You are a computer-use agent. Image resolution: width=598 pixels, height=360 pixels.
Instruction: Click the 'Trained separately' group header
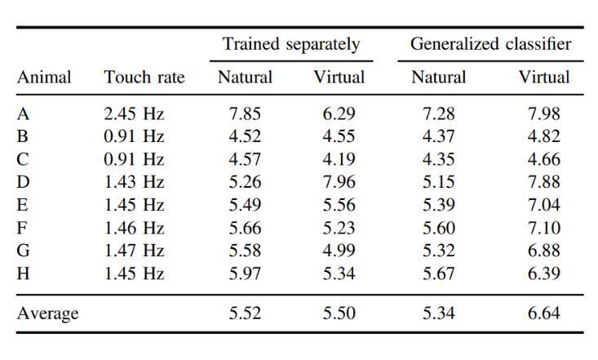click(x=291, y=44)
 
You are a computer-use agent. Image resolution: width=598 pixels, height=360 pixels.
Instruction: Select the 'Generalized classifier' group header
click(x=490, y=44)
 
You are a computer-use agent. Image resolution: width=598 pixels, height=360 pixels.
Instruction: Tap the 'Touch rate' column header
click(x=144, y=78)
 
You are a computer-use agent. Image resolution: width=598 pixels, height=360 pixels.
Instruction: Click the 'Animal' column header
click(x=44, y=78)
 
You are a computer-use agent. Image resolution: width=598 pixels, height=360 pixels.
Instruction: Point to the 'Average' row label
click(x=47, y=313)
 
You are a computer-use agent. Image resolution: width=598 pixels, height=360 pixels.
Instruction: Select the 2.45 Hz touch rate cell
click(x=134, y=114)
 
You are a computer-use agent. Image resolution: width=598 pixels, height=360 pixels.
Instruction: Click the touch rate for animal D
click(x=134, y=183)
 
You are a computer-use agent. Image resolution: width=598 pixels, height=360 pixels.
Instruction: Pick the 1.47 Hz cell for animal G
click(x=134, y=251)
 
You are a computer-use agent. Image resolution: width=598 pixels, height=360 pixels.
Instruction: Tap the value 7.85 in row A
click(x=245, y=114)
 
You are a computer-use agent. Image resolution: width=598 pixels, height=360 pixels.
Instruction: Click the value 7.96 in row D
click(x=339, y=183)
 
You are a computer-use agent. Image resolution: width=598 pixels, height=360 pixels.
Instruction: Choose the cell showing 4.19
click(x=339, y=160)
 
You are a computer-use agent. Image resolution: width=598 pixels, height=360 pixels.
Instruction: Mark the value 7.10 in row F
click(x=544, y=229)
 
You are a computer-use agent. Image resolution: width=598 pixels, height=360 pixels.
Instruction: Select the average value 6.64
click(x=544, y=313)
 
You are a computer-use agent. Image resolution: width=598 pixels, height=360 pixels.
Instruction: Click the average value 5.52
click(x=245, y=313)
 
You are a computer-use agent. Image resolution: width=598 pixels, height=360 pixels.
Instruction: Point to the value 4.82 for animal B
click(x=544, y=137)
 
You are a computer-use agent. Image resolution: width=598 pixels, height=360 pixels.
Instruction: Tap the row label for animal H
click(x=24, y=273)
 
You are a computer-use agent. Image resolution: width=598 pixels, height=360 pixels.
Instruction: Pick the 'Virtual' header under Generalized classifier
click(x=544, y=78)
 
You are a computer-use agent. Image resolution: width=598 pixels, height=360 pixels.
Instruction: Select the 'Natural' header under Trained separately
click(x=245, y=78)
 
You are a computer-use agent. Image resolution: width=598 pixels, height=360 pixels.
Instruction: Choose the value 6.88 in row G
click(x=544, y=251)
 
